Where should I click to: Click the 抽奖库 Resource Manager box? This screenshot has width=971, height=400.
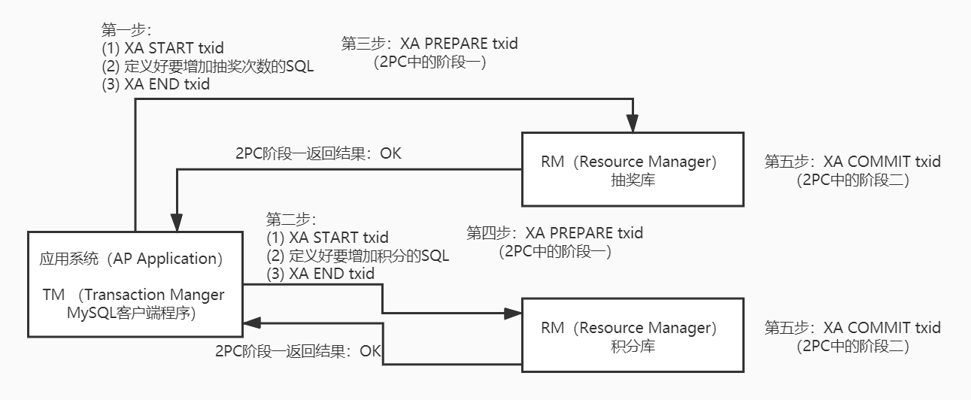click(x=633, y=169)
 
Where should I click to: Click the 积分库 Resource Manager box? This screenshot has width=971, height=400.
click(x=633, y=335)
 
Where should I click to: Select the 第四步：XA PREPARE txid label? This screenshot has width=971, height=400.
click(x=555, y=233)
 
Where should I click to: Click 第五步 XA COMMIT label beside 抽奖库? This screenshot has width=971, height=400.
click(x=853, y=162)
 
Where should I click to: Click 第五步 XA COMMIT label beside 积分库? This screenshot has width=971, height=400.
click(x=853, y=328)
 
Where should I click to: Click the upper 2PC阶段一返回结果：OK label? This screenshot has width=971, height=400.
click(x=319, y=153)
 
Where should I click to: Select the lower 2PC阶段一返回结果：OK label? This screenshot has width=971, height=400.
click(x=299, y=351)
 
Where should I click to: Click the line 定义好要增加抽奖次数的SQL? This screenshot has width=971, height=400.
click(x=208, y=66)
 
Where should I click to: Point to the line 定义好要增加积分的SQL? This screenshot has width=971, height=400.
click(x=358, y=256)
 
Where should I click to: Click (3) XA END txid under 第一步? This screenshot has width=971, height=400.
click(x=156, y=85)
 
